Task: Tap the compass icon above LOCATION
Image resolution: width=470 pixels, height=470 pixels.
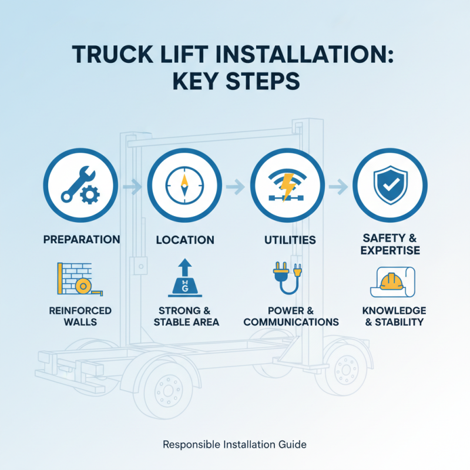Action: pyautogui.click(x=184, y=186)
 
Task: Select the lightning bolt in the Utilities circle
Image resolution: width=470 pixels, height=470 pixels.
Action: pyautogui.click(x=287, y=186)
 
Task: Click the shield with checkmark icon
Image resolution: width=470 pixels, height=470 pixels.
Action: pyautogui.click(x=390, y=185)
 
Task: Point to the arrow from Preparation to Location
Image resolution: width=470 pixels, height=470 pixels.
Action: pyautogui.click(x=132, y=186)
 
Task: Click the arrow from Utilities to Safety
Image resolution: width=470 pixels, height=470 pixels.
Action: pyautogui.click(x=338, y=186)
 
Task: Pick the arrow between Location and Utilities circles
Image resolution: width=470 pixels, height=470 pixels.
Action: pyautogui.click(x=236, y=186)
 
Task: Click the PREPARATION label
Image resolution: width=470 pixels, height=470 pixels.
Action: pyautogui.click(x=82, y=240)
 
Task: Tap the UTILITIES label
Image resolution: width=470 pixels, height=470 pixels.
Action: pyautogui.click(x=290, y=240)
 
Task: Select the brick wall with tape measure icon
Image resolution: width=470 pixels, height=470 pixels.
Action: pyautogui.click(x=80, y=279)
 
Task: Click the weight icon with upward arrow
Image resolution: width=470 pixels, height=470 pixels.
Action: pyautogui.click(x=185, y=277)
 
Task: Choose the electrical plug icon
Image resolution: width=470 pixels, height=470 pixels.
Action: pyautogui.click(x=287, y=278)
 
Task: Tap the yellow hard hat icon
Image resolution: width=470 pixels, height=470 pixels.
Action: pyautogui.click(x=391, y=281)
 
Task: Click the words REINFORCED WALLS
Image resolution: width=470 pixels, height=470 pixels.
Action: pyautogui.click(x=80, y=316)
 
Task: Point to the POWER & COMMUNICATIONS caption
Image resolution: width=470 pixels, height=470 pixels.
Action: pyautogui.click(x=291, y=316)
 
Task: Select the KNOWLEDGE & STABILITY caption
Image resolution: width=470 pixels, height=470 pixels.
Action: pyautogui.click(x=394, y=316)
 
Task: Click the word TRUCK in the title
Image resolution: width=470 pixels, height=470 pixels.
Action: pyautogui.click(x=113, y=54)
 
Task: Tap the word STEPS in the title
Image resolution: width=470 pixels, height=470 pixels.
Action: pyautogui.click(x=263, y=81)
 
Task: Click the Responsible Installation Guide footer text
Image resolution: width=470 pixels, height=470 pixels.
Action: pyautogui.click(x=234, y=444)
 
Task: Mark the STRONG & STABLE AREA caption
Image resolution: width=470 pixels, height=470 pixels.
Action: pyautogui.click(x=186, y=316)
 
